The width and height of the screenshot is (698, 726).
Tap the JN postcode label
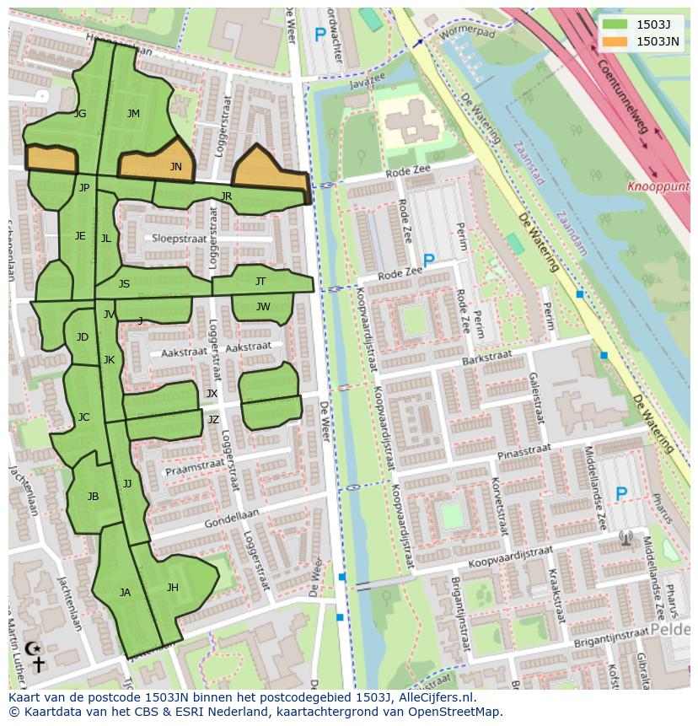coord(175,167)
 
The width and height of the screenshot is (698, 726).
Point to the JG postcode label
coord(80,114)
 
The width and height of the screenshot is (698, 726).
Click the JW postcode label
coord(263,307)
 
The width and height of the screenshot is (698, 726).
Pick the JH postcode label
coord(173,588)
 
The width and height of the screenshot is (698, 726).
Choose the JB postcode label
coord(93,497)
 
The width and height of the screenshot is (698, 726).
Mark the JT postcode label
coord(260,282)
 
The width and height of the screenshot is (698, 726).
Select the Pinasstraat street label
coord(523,452)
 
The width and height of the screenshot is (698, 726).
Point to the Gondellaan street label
coord(231,519)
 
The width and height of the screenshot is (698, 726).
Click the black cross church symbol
coord(38,664)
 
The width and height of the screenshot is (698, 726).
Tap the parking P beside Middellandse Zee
coord(621,494)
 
